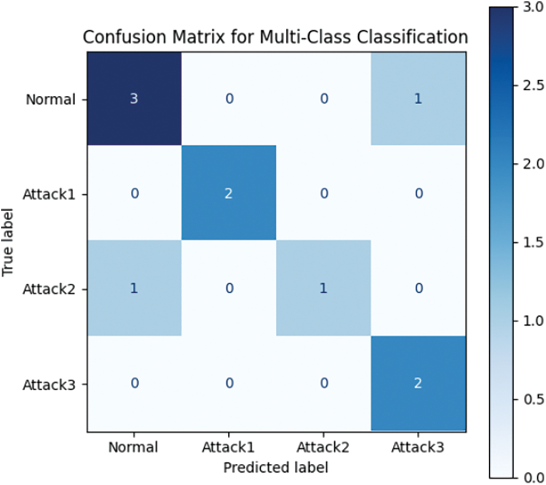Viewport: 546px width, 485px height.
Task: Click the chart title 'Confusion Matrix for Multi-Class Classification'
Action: click(x=275, y=37)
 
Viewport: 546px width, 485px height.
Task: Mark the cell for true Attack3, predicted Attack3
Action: click(x=418, y=384)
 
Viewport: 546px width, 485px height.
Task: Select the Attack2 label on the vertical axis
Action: click(x=48, y=289)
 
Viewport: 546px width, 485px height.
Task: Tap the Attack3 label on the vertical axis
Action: click(x=48, y=384)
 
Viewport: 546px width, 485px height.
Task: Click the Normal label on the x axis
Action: click(x=134, y=447)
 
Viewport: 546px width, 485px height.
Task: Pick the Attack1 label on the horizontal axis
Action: click(x=228, y=447)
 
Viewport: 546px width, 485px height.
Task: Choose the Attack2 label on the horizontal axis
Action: click(x=324, y=447)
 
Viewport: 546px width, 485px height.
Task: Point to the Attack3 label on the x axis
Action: click(x=418, y=447)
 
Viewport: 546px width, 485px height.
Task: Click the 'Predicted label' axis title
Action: click(x=275, y=467)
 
